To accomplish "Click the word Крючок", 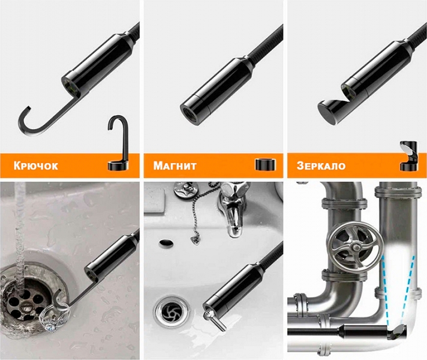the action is [x=35, y=166].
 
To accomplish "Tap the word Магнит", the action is [x=175, y=166].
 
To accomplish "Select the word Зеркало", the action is [x=321, y=166].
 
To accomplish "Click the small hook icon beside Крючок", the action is [x=118, y=143].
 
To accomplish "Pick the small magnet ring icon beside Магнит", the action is [x=266, y=164].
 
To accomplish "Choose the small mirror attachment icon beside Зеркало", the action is [x=409, y=156].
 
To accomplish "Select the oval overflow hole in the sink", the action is [x=166, y=242].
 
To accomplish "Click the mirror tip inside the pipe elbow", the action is [x=396, y=332].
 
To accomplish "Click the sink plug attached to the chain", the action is [x=187, y=190].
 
